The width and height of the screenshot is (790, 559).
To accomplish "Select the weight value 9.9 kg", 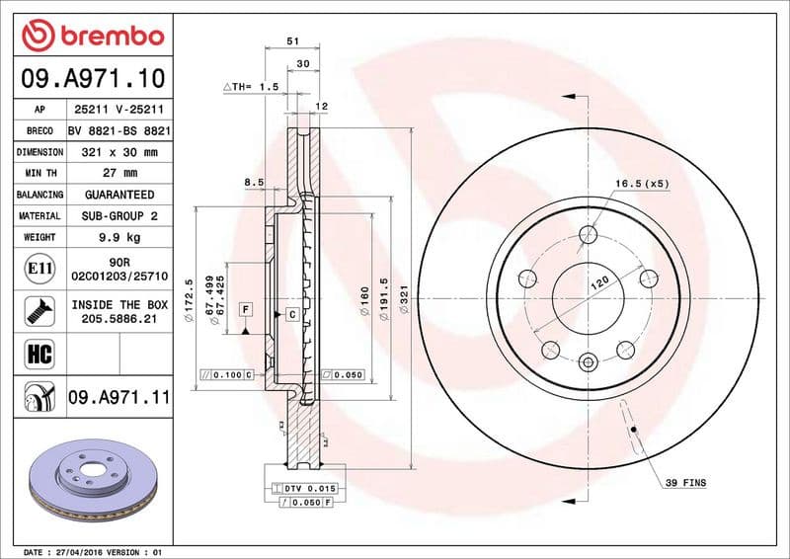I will point(118,237).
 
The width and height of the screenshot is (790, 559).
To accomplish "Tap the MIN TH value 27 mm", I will point(118,174).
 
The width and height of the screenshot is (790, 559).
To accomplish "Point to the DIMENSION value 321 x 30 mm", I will point(118,152).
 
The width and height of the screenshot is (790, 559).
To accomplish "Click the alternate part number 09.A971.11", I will point(118,398).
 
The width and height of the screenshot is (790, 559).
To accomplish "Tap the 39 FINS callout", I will point(685,483).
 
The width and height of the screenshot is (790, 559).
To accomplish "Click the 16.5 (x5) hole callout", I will point(642,184).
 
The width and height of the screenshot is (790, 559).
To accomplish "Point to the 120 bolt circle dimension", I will point(599,282).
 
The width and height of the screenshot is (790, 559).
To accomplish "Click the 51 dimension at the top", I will point(292,42).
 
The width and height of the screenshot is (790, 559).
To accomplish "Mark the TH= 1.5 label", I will point(252,88).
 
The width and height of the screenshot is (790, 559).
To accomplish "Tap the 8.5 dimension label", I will point(254,182).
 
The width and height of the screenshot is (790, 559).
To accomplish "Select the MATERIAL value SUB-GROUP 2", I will point(118,215).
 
